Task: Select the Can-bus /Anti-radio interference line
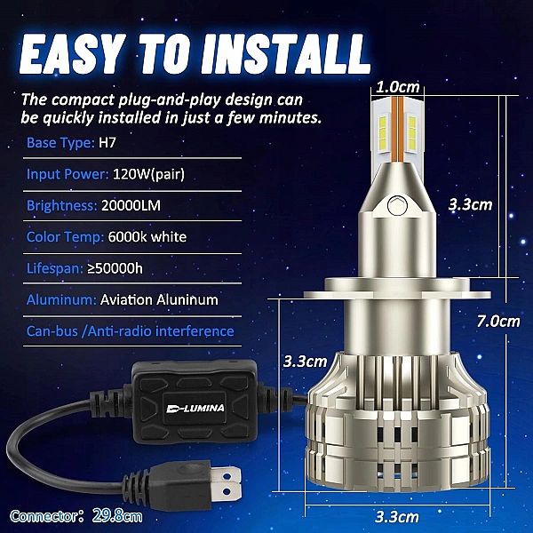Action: tap(131, 331)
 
